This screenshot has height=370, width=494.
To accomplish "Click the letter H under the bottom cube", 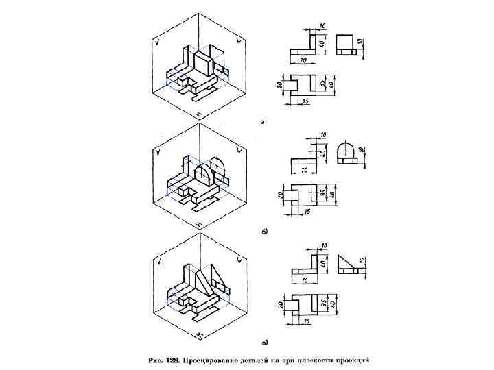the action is point(198,334).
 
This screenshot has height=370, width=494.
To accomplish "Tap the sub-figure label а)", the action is point(264,121).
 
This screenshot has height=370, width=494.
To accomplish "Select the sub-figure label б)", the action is point(265,232).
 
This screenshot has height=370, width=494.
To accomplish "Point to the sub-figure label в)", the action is point(265,341).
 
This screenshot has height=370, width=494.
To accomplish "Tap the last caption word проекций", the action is point(350,358).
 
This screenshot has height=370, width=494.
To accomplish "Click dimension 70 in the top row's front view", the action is point(303,60).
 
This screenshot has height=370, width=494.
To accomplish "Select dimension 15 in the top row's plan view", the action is point(305,101).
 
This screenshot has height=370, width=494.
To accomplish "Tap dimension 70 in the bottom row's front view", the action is point(303,280).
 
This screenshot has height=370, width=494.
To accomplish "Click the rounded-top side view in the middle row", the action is point(348,155).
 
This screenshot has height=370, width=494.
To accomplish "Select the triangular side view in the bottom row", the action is point(347,264).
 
